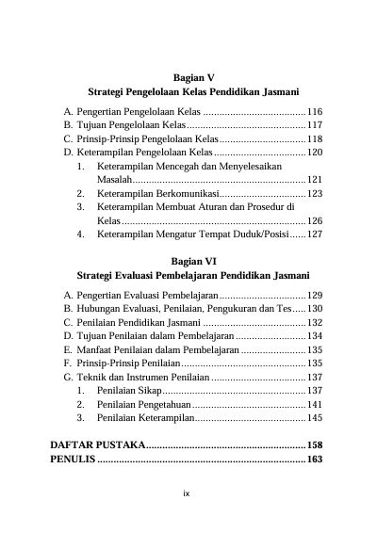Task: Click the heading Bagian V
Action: (x=195, y=76)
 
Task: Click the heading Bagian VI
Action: (x=195, y=261)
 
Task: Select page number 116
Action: (x=315, y=111)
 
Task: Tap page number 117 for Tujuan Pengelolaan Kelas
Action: (x=315, y=124)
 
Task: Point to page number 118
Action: (x=315, y=138)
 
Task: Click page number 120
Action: (x=315, y=152)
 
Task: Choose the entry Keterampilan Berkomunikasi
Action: (x=157, y=193)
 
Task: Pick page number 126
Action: (x=315, y=220)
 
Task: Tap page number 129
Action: (x=315, y=295)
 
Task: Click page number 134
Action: (x=315, y=335)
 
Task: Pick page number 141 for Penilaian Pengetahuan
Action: (x=315, y=403)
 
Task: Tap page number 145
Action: (x=315, y=417)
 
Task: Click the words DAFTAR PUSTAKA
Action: (x=97, y=444)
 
